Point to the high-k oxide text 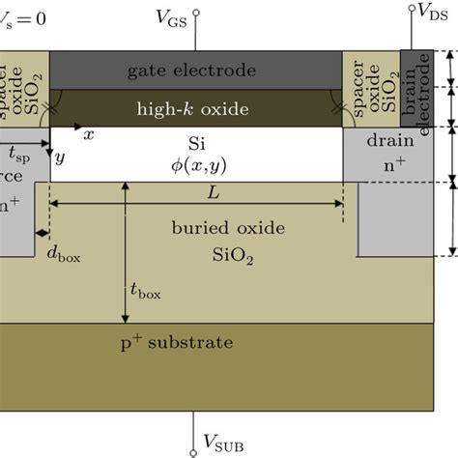[x=193, y=108]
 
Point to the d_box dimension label [x=62, y=255]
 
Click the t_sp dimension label [x=18, y=155]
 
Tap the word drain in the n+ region [x=388, y=140]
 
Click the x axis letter [x=88, y=136]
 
